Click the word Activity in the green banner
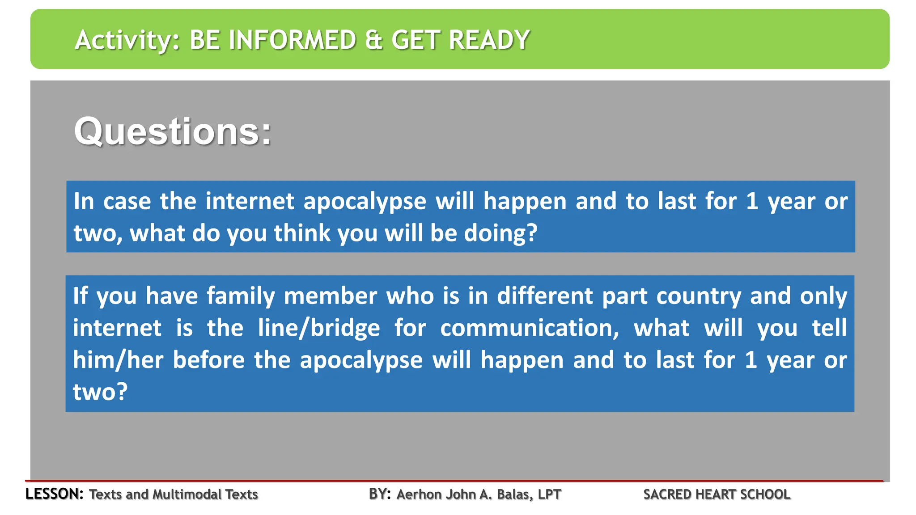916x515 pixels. tap(127, 40)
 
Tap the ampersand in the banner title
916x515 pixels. tap(373, 40)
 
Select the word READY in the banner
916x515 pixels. tap(489, 40)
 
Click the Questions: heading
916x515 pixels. tap(173, 131)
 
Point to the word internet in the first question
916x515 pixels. tap(250, 201)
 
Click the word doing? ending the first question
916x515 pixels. tap(500, 233)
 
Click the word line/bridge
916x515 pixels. tap(319, 328)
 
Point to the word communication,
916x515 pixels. tap(530, 328)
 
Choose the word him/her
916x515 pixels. tap(118, 360)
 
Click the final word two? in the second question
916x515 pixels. tap(100, 392)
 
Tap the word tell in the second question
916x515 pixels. tap(829, 328)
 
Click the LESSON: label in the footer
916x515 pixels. tap(54, 494)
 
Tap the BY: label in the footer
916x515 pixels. tap(380, 494)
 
